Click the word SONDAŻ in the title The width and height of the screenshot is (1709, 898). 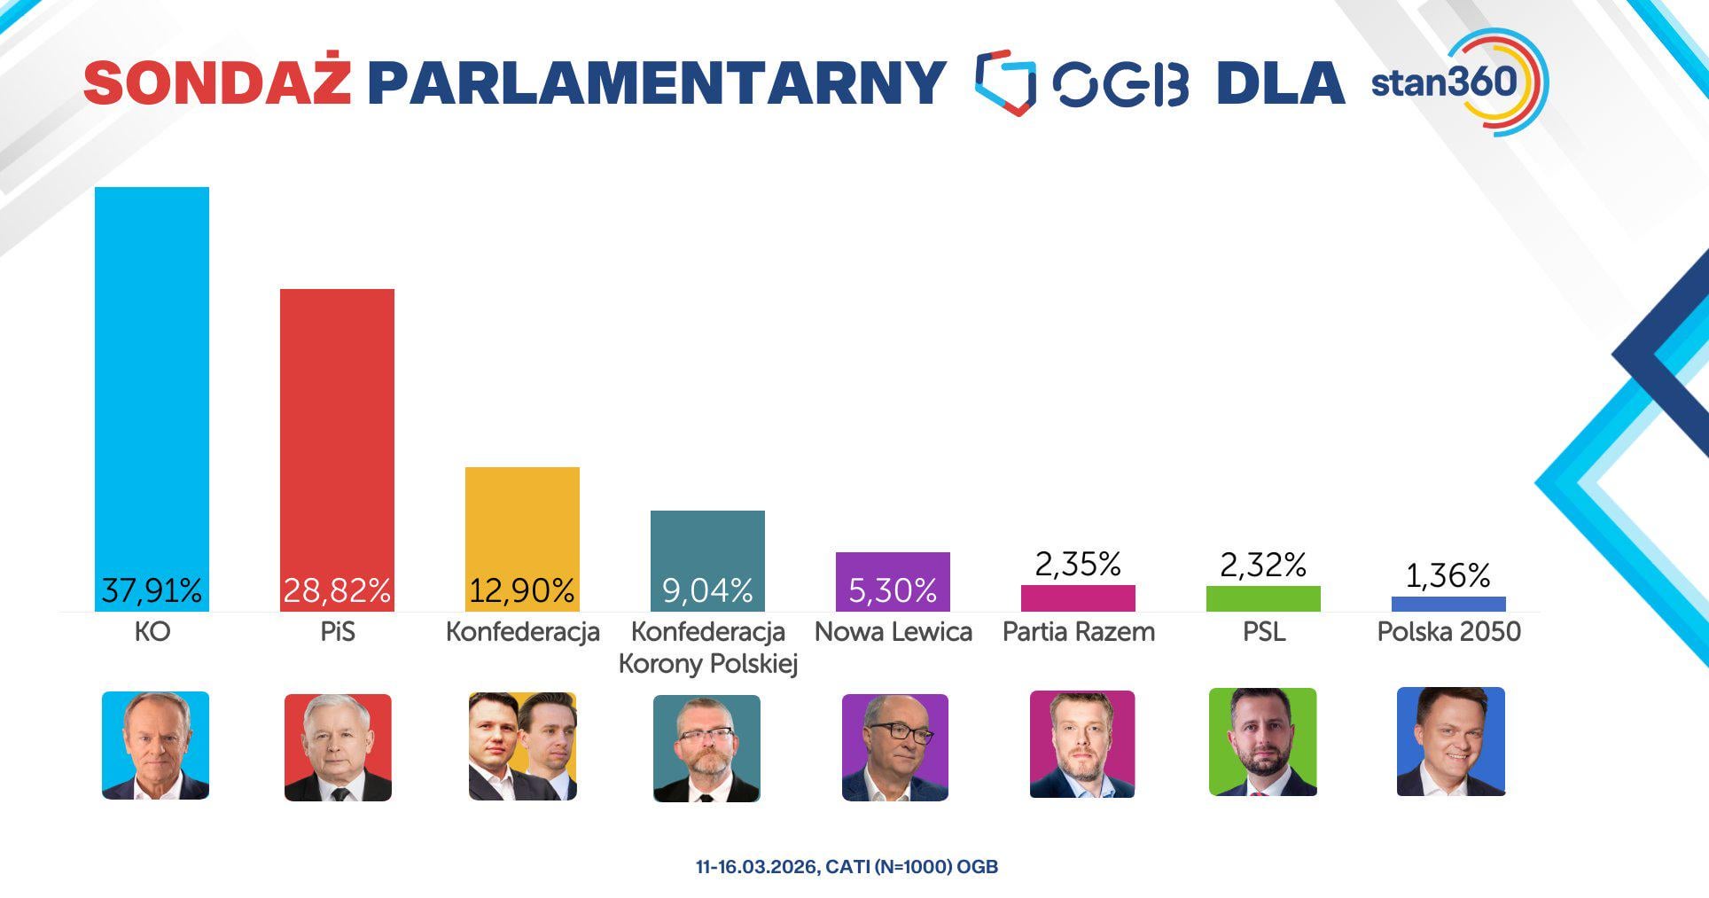(x=217, y=83)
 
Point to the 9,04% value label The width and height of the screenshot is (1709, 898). (x=707, y=590)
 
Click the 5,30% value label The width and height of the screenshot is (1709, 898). (x=893, y=590)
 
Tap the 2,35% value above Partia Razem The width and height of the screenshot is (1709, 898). (x=1078, y=564)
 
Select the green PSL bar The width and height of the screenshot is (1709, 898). (x=1263, y=598)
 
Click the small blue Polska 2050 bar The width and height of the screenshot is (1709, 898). (x=1448, y=604)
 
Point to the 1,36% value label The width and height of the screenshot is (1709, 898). (x=1448, y=575)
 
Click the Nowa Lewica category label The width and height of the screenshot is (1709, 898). (x=893, y=632)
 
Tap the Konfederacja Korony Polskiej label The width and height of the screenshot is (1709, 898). (x=707, y=648)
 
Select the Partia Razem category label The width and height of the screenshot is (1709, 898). (x=1078, y=632)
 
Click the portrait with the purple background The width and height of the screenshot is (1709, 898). (x=894, y=747)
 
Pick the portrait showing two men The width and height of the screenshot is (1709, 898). (x=522, y=746)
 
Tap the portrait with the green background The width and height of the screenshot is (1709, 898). (x=1262, y=742)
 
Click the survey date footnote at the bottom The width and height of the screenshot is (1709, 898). (x=847, y=867)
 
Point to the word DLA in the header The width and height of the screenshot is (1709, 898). (x=1280, y=83)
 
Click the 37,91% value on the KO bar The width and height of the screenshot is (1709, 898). (x=152, y=590)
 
